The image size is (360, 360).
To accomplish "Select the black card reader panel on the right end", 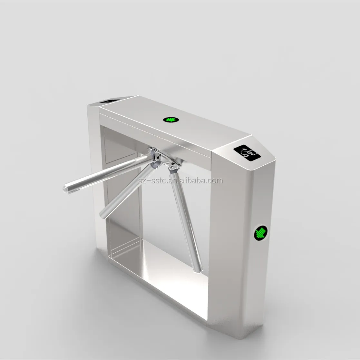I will pyautogui.click(x=247, y=152).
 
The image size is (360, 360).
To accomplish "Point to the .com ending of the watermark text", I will pyautogui.click(x=216, y=181).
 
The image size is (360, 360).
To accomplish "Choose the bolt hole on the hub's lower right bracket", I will pyautogui.click(x=172, y=167).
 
